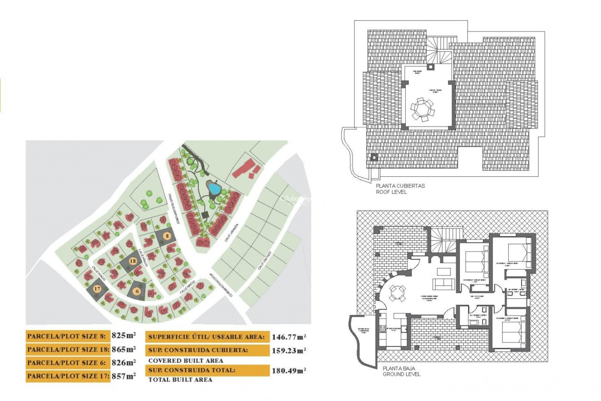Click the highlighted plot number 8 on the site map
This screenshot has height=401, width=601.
167,236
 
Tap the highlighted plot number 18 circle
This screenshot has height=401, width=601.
133,261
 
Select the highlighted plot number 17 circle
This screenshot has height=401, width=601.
97,289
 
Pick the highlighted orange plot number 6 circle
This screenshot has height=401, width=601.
137,291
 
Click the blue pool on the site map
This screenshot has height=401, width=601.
214,188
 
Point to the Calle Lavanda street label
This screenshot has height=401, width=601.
232,233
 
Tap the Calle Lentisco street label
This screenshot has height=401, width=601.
265,261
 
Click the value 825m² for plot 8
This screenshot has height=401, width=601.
124,336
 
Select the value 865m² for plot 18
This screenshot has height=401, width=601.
124,349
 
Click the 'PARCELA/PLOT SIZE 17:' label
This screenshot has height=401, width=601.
68,376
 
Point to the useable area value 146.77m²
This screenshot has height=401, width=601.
289,337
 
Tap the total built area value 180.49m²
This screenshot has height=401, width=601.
289,371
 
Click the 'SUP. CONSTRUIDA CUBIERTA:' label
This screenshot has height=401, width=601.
198,350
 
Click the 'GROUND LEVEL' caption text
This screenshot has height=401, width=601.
402,374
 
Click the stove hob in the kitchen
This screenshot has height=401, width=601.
383,329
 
